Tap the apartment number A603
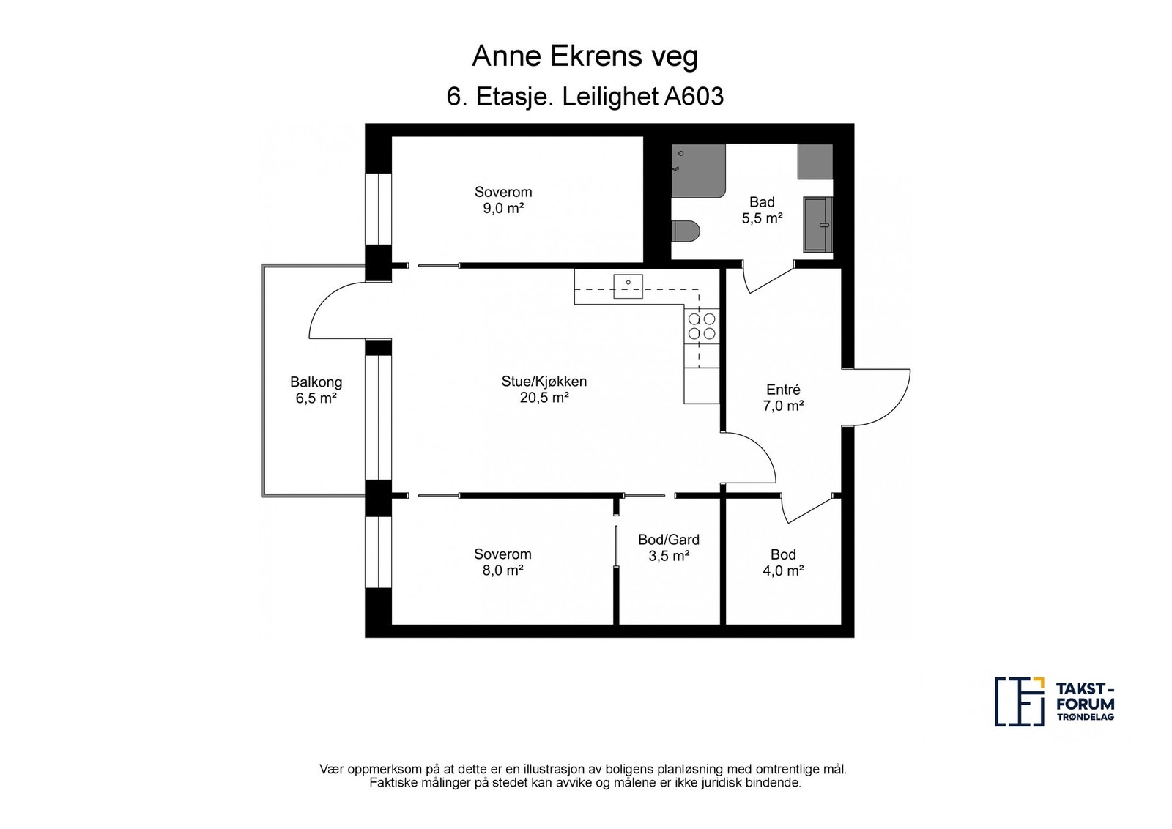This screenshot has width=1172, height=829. coord(694,97)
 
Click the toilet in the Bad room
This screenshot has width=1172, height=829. coord(686,231)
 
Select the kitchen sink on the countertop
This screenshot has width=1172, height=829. coord(628,286)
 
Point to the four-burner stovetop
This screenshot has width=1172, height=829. coord(702,327)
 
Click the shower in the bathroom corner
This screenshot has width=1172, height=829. coord(699,171)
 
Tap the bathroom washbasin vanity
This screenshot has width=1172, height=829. coord(818,224)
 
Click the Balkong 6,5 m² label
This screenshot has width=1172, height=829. coord(316,390)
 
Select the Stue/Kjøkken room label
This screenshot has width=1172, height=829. coord(544,389)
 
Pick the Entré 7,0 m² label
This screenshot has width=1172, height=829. coord(783,398)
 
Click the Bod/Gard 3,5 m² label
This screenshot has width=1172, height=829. coord(669,548)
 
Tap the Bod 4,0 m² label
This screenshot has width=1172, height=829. coord(783,562)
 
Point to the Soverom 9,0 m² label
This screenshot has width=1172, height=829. coord(503,200)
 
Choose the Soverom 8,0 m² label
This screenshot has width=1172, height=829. coord(502,562)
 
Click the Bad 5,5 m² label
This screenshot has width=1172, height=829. coord(762,209)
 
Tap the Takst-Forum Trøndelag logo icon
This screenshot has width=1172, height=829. coord(1019,702)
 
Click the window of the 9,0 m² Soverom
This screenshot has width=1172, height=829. coord(378,208)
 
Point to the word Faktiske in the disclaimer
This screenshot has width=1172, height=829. coord(391,783)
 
